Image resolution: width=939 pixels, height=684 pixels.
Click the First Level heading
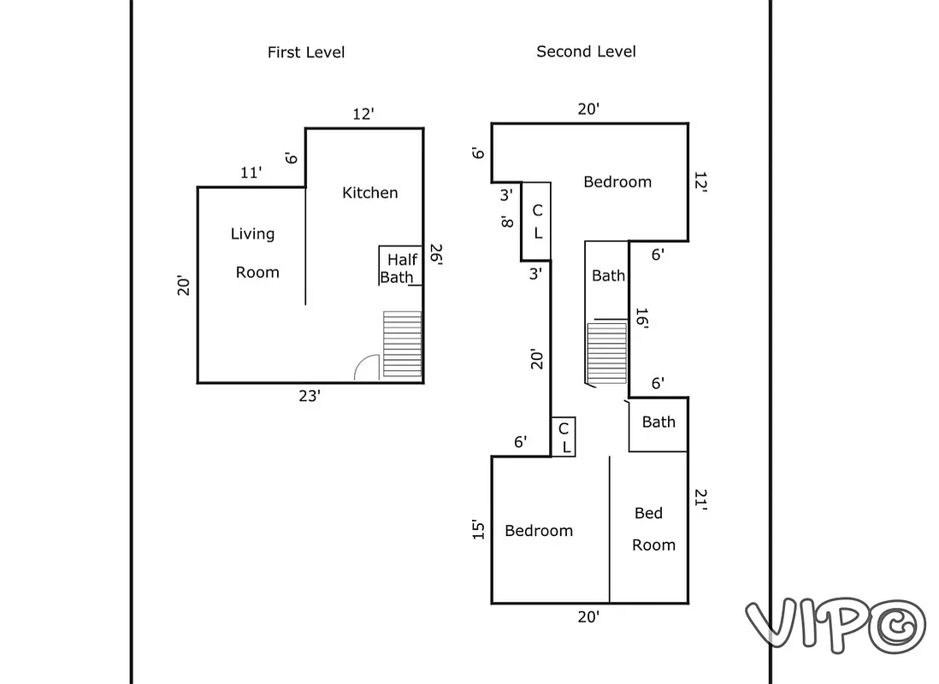pyautogui.click(x=306, y=52)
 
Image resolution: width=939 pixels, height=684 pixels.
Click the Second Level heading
pyautogui.click(x=586, y=51)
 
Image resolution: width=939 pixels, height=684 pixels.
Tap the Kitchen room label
pyautogui.click(x=369, y=192)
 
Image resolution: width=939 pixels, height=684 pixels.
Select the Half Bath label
pyautogui.click(x=399, y=268)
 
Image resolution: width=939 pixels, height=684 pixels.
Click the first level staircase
pyautogui.click(x=402, y=345)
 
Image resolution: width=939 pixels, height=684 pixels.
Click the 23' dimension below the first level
pyautogui.click(x=309, y=396)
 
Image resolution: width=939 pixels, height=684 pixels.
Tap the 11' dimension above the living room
pyautogui.click(x=251, y=173)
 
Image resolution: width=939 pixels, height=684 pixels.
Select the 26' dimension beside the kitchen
pyautogui.click(x=435, y=255)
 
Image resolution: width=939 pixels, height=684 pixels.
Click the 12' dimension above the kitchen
pyautogui.click(x=363, y=114)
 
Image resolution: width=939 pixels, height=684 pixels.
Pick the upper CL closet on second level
pyautogui.click(x=536, y=221)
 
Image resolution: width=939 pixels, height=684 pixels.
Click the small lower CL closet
pyautogui.click(x=564, y=437)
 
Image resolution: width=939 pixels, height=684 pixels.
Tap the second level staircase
pyautogui.click(x=606, y=352)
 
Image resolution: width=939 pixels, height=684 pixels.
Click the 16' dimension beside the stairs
pyautogui.click(x=641, y=320)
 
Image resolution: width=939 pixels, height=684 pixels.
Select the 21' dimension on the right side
pyautogui.click(x=700, y=499)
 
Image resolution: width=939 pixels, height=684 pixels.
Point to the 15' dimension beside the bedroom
pyautogui.click(x=479, y=530)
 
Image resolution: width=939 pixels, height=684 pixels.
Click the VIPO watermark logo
pyautogui.click(x=834, y=622)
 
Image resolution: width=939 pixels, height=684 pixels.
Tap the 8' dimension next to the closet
pyautogui.click(x=506, y=221)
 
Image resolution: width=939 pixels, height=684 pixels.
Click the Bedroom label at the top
pyautogui.click(x=617, y=181)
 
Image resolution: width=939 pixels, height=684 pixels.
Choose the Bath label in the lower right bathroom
pyautogui.click(x=658, y=422)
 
